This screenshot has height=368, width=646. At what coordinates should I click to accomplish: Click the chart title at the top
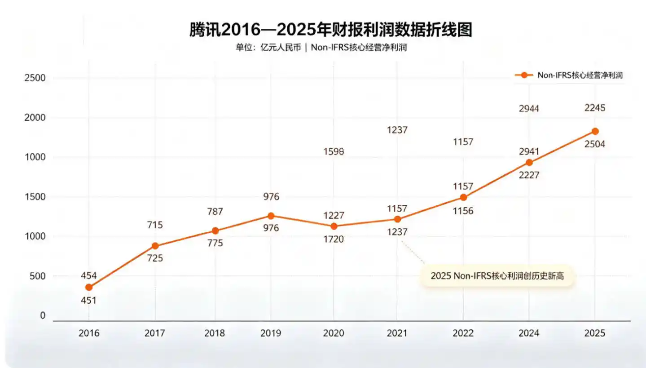[x=330, y=30]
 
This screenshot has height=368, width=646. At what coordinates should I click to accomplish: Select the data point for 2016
[x=89, y=288]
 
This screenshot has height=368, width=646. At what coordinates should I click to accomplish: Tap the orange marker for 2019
[x=271, y=216]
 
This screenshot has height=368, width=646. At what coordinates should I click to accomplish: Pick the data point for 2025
[x=595, y=131]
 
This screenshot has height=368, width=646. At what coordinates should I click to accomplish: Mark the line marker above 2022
[x=463, y=197]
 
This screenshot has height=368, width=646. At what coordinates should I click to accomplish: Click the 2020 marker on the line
[x=334, y=226]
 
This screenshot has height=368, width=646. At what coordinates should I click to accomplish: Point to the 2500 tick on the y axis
[x=35, y=78]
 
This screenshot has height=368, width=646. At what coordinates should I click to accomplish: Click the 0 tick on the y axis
[x=43, y=315]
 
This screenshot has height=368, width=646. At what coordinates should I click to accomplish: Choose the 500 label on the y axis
[x=38, y=276]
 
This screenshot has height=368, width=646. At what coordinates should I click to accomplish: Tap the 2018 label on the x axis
[x=215, y=333]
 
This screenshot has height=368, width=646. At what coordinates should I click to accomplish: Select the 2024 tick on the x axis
[x=529, y=333]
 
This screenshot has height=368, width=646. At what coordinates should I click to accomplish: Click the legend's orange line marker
[x=524, y=75]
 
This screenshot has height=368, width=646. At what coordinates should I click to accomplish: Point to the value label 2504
[x=595, y=144]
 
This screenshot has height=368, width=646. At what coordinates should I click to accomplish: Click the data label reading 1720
[x=334, y=239]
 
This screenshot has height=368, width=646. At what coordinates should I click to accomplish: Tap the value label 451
[x=88, y=301]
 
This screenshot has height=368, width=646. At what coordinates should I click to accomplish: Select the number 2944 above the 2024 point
[x=529, y=109]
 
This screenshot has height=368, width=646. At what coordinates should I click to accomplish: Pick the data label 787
[x=215, y=212]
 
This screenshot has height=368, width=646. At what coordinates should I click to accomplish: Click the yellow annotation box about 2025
[x=497, y=276]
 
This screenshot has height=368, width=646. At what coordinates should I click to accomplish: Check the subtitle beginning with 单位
[x=321, y=47]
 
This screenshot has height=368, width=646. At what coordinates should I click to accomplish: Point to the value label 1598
[x=334, y=151]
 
